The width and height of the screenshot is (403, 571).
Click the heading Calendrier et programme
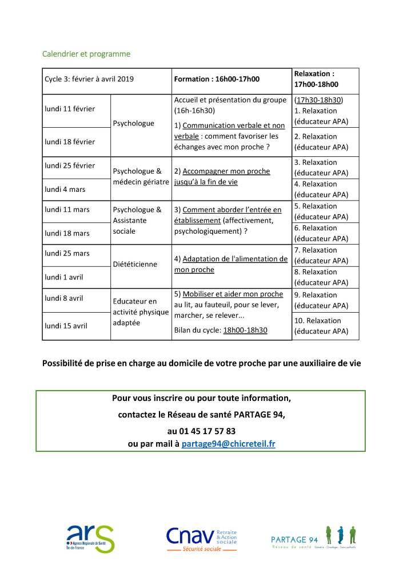click(x=86, y=54)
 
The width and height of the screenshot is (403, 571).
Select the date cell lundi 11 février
click(x=70, y=109)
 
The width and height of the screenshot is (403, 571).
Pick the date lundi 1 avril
click(x=64, y=277)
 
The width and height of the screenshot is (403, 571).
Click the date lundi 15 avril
click(x=66, y=326)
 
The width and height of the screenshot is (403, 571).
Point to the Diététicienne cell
click(x=135, y=265)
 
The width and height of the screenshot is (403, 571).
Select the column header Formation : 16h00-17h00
click(x=217, y=79)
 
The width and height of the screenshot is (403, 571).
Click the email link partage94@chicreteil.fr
click(x=228, y=444)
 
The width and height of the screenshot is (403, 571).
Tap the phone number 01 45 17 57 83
click(x=201, y=431)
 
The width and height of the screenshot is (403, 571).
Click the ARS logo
click(x=90, y=538)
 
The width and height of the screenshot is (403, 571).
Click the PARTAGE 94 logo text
click(x=294, y=540)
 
